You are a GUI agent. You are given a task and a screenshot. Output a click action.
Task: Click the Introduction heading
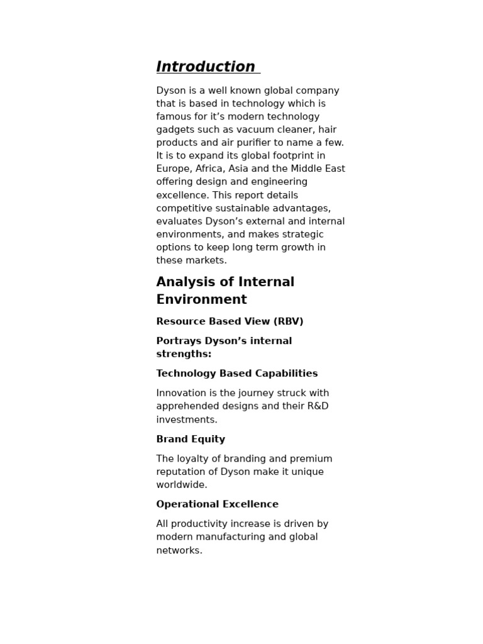[x=206, y=67]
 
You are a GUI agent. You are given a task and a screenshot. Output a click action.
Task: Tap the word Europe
[x=173, y=169]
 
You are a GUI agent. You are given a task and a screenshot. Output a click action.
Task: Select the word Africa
[x=211, y=169]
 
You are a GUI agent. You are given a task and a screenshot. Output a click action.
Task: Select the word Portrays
[x=177, y=341]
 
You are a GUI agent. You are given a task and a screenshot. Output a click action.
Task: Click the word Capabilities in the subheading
[x=286, y=374]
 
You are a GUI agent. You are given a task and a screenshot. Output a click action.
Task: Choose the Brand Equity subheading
[x=191, y=439]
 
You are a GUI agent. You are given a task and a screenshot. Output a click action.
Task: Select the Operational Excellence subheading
[x=217, y=504]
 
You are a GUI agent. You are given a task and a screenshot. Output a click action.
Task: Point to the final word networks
[x=179, y=550]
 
